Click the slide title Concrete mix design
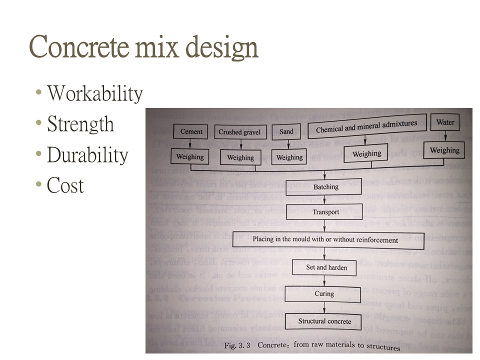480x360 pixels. pos(143,47)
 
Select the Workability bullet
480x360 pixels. pos(94,93)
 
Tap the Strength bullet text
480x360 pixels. pos(80,124)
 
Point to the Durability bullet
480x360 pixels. pos(87,155)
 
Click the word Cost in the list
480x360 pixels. pos(65,186)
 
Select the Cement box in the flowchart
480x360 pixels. pos(191,132)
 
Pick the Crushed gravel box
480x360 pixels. pos(239,132)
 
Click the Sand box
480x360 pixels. pos(286,132)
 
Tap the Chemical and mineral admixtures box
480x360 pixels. pos(366,127)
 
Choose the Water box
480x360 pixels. pos(445,122)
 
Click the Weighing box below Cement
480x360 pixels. pos(190,156)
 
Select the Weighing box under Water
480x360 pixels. pos(444,150)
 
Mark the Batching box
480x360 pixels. pos(326,187)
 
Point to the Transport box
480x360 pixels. pos(325,212)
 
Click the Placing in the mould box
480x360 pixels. pos(325,240)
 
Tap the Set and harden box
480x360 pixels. pos(326,267)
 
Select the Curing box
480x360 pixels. pos(324,294)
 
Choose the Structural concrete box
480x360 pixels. pos(324,321)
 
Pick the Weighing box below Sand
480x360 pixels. pos(289,157)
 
